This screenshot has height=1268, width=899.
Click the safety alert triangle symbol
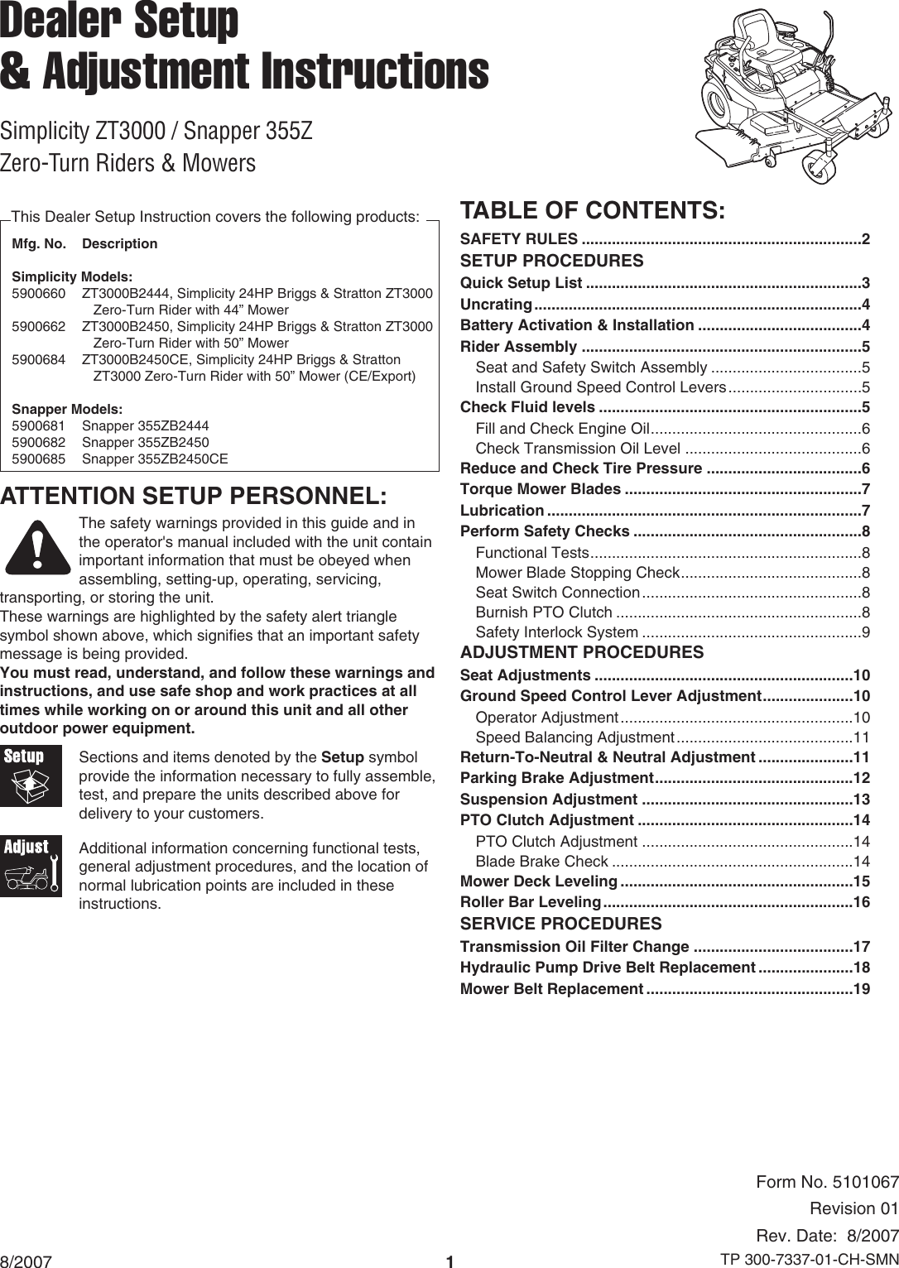click(x=36, y=546)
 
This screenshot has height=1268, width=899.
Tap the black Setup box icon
click(x=31, y=776)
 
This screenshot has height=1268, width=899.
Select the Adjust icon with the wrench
click(x=31, y=866)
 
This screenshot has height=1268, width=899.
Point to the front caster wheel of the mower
click(x=819, y=165)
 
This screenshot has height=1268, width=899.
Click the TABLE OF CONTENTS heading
click(x=593, y=210)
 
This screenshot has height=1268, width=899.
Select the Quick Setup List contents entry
click(x=521, y=283)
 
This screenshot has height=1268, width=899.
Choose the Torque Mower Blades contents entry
click(x=541, y=489)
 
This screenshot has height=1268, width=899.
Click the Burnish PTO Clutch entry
click(x=544, y=612)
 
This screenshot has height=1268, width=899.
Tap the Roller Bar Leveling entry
click(x=530, y=901)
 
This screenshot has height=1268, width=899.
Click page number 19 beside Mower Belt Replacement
click(x=861, y=989)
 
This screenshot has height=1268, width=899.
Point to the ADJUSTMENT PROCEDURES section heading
click(x=582, y=652)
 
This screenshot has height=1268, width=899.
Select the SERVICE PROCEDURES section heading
click(x=560, y=924)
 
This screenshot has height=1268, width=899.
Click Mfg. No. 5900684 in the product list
click(x=38, y=359)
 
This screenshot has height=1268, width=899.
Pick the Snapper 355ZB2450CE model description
click(x=155, y=459)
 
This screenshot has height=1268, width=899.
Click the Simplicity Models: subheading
click(x=72, y=276)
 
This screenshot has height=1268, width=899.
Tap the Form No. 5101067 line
click(x=827, y=1182)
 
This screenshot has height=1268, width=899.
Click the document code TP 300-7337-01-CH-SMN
click(x=809, y=1260)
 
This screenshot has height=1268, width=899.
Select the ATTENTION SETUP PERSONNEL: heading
click(x=194, y=496)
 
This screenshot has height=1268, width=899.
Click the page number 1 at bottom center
click(x=449, y=1261)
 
